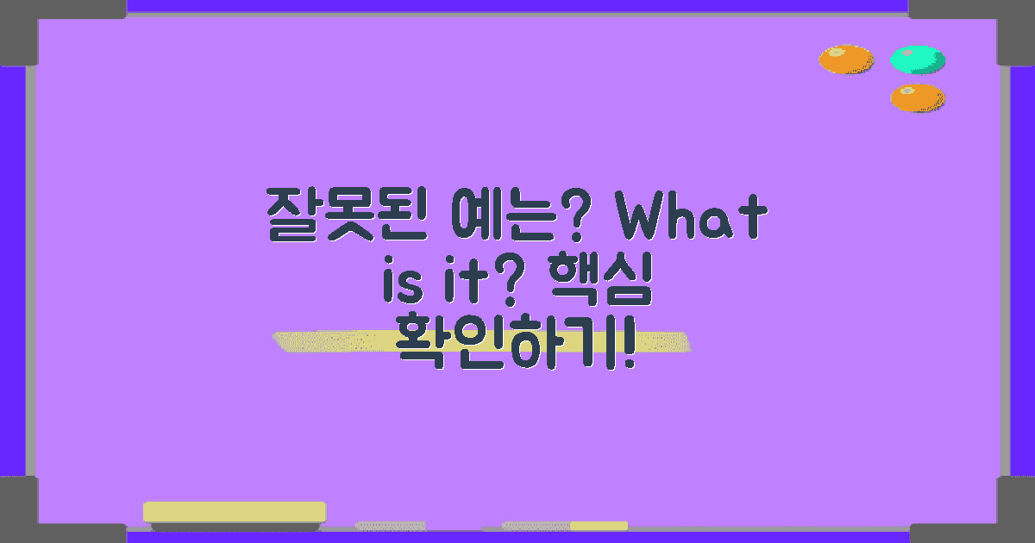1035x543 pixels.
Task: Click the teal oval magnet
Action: coord(917,59)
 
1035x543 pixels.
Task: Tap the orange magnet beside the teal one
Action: coord(845,59)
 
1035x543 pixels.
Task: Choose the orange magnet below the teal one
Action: coord(917,97)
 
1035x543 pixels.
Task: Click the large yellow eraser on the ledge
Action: coord(235,512)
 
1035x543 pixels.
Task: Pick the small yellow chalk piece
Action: coord(599,525)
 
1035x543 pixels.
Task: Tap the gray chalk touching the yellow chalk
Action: coord(536,525)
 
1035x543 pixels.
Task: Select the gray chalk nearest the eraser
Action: coord(391,525)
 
